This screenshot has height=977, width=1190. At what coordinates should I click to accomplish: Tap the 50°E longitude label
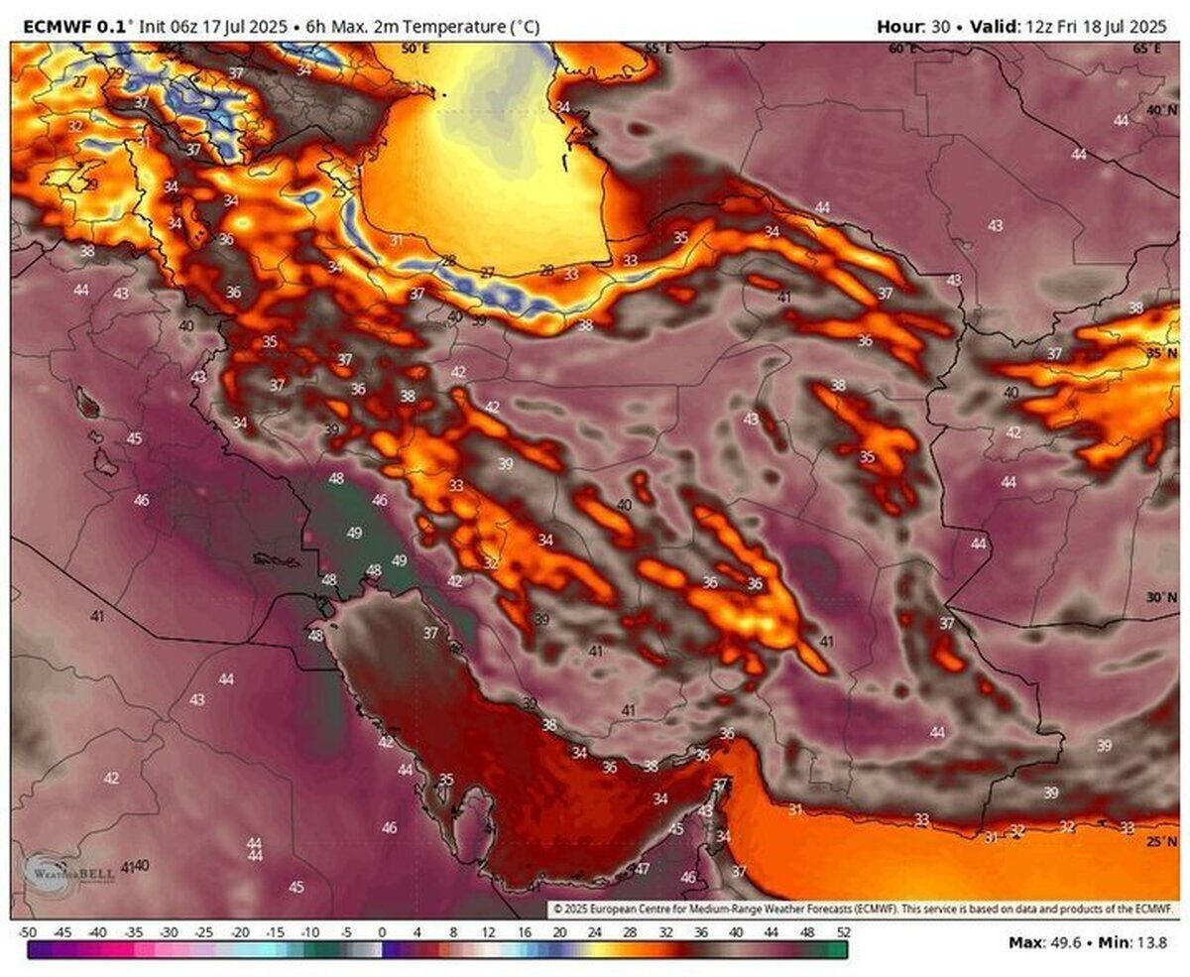coord(415,48)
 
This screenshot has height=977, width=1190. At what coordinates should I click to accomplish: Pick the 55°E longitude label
coord(657,48)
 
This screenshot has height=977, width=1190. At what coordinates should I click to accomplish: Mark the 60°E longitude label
coord(902,48)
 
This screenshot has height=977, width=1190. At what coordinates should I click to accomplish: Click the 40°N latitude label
coord(1160,110)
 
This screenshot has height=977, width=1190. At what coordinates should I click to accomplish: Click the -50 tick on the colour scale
coord(28,932)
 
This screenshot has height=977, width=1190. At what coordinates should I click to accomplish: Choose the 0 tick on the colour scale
coord(382,932)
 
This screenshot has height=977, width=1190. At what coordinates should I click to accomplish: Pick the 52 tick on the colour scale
coord(842,932)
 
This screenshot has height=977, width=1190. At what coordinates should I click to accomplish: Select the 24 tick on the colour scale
coord(594,932)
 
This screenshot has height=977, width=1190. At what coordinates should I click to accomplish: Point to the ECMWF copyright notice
coord(863,908)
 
